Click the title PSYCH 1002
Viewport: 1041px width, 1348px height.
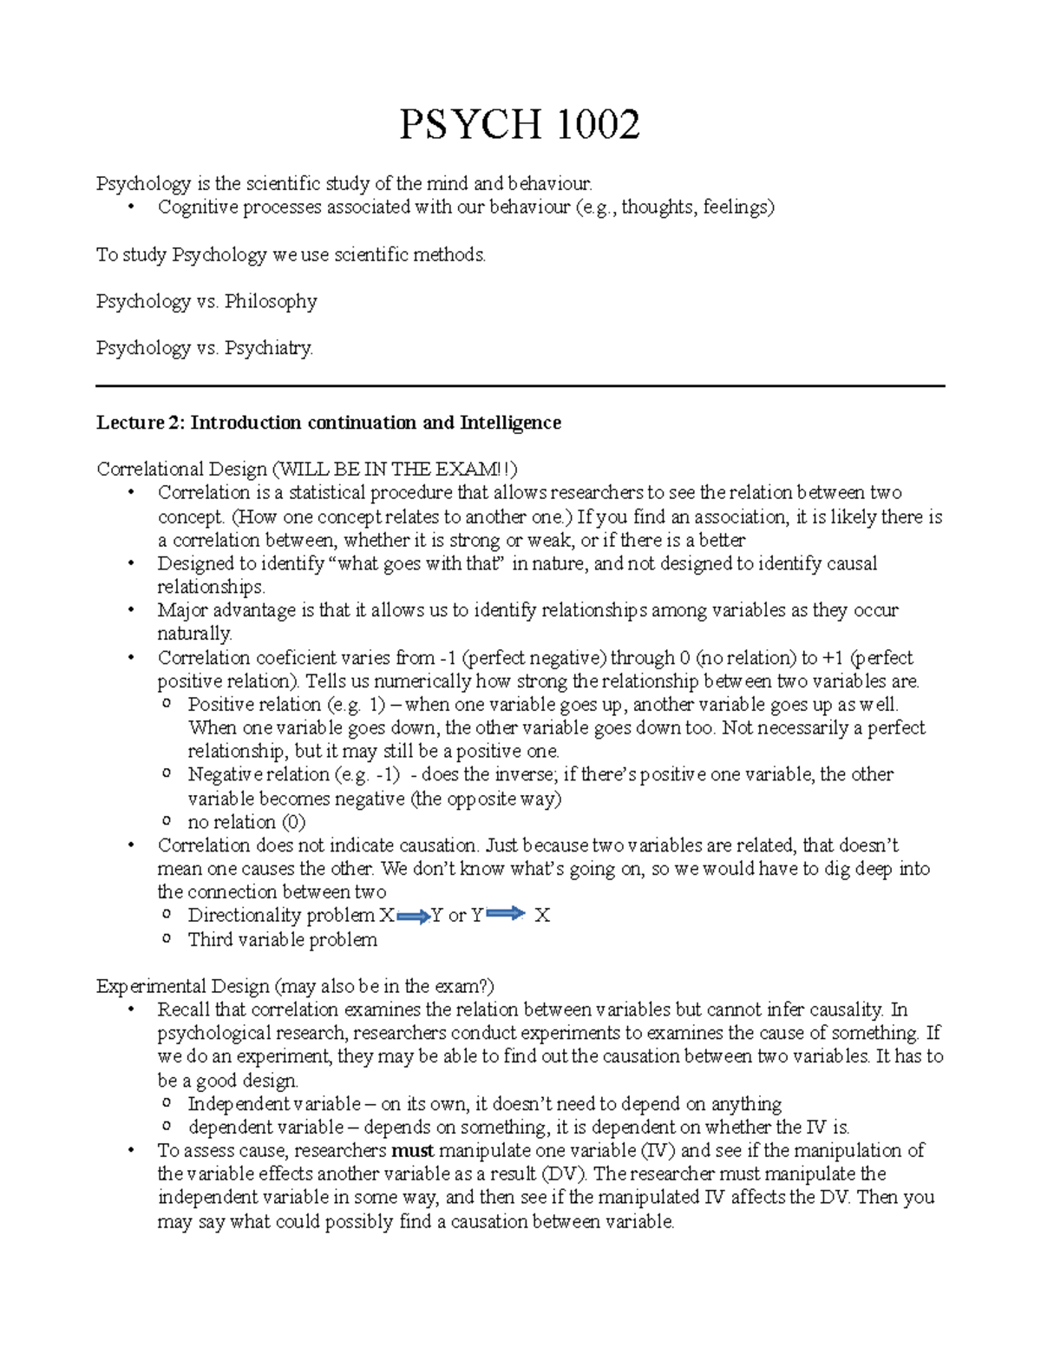(x=519, y=125)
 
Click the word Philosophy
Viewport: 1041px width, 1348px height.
(x=271, y=301)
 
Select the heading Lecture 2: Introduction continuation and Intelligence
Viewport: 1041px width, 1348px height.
(x=329, y=423)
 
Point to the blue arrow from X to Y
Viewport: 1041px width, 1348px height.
(x=413, y=916)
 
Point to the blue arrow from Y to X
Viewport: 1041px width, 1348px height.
(x=506, y=914)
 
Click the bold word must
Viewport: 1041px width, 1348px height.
(x=412, y=1151)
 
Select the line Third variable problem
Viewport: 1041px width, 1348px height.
(x=282, y=939)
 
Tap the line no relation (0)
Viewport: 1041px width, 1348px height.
(x=246, y=822)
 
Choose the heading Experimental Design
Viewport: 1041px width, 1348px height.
(x=183, y=986)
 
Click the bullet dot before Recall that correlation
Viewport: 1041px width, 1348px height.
(x=132, y=1010)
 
